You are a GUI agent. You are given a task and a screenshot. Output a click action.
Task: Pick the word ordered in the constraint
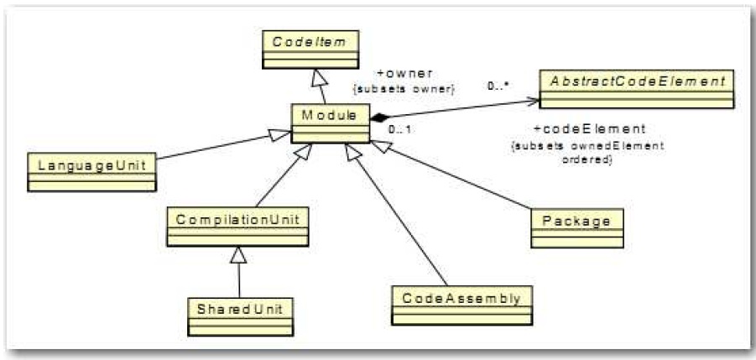[x=586, y=158]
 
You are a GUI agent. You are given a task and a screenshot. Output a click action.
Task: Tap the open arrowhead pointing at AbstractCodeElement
[x=532, y=102]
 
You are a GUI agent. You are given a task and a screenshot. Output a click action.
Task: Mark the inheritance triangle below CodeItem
[x=317, y=76]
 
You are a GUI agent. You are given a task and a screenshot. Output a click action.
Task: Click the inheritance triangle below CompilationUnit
[x=239, y=253]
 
